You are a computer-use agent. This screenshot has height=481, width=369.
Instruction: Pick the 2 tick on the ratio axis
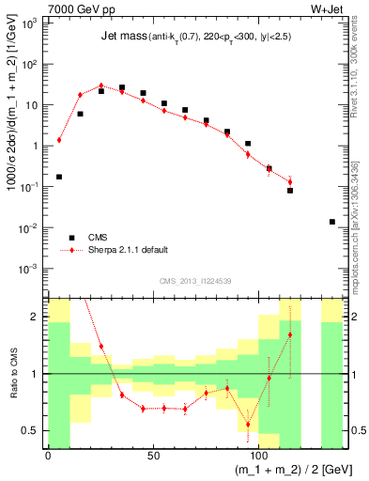pyautogui.click(x=40, y=317)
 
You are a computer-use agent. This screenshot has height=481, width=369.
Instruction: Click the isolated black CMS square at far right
pyautogui.click(x=332, y=222)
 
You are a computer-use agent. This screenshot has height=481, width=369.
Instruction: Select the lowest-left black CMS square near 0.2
pyautogui.click(x=59, y=177)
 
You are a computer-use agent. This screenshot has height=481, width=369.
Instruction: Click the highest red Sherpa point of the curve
pyautogui.click(x=100, y=85)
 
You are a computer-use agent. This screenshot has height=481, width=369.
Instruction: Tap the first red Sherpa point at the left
pyautogui.click(x=59, y=140)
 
